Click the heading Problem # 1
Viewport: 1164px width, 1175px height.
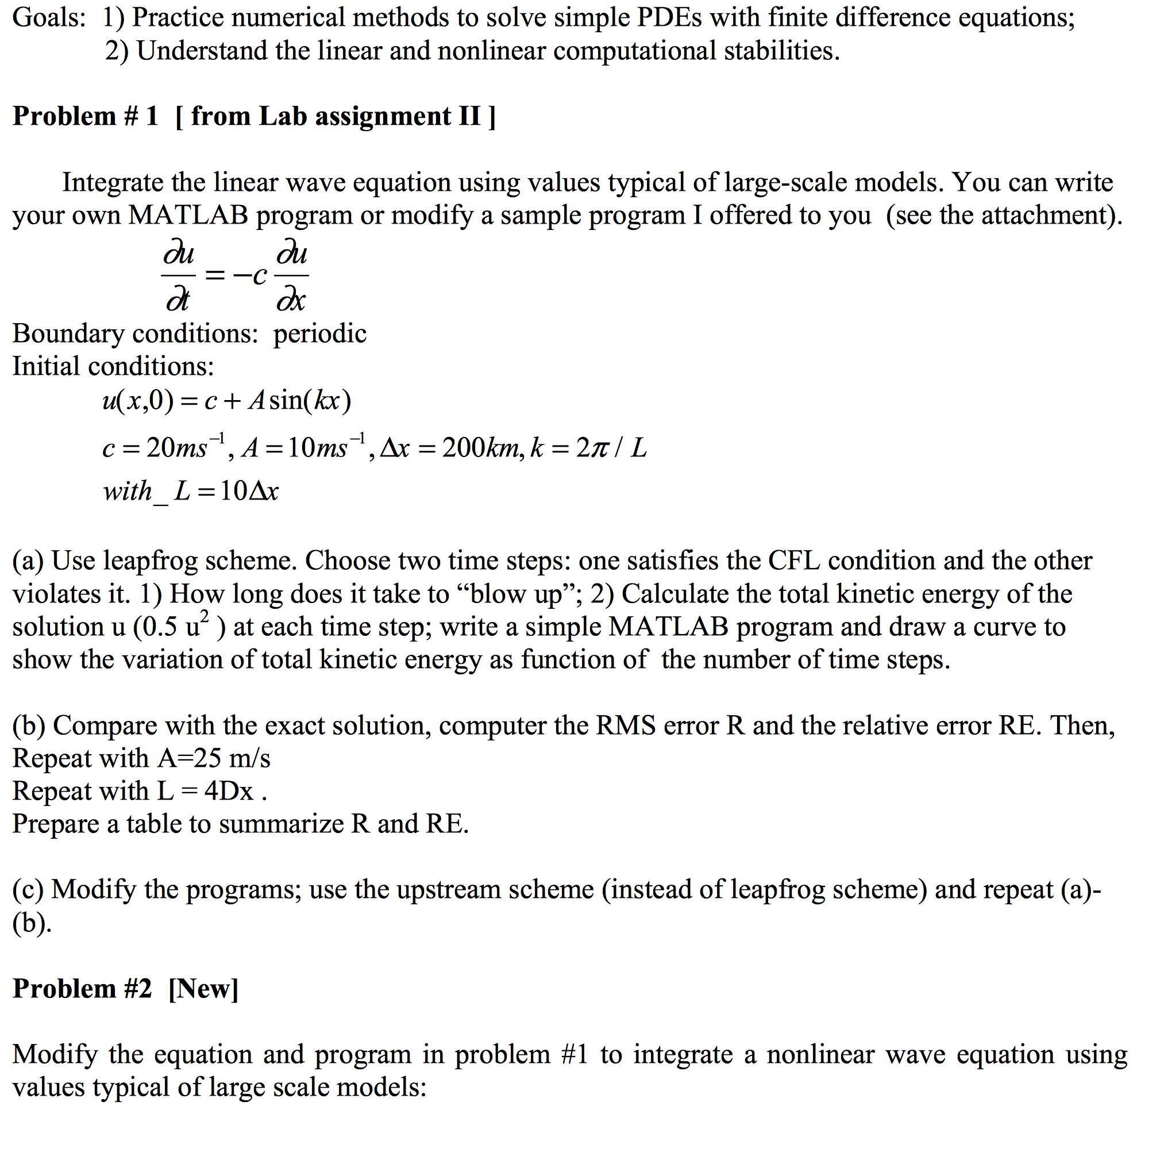click(x=85, y=116)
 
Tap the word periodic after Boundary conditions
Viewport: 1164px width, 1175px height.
click(x=319, y=334)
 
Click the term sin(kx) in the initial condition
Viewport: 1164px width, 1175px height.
click(x=310, y=401)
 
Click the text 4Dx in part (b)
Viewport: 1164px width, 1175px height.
click(x=229, y=791)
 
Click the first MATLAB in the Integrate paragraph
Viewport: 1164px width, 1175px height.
click(x=188, y=216)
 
